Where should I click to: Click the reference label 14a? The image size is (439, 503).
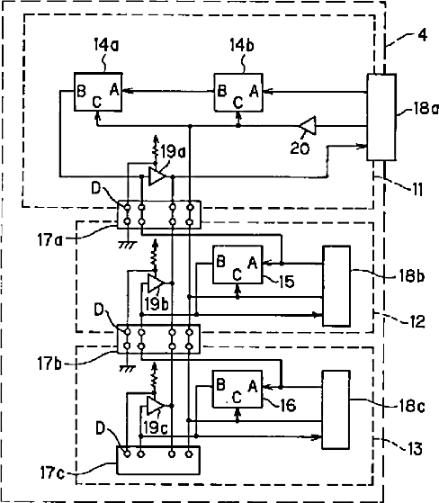point(106,45)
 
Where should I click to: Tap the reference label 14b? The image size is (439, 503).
point(242,45)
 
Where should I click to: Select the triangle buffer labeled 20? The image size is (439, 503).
point(309,125)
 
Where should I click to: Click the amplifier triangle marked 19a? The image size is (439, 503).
point(157,176)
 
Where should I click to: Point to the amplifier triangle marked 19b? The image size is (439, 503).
point(156,283)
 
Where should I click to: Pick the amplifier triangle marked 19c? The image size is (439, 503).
point(156,406)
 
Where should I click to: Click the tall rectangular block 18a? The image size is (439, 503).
point(381,117)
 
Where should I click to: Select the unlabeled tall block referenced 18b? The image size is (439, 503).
point(336,286)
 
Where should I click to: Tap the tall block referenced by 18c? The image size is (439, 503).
point(336,409)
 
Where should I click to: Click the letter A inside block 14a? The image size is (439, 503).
point(114,89)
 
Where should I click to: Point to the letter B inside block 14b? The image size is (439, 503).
point(221,91)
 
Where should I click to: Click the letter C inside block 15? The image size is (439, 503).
point(237,275)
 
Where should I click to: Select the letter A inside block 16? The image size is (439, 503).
point(253,386)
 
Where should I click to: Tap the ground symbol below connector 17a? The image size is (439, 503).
point(128,245)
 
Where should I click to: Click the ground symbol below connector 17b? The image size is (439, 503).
point(128,369)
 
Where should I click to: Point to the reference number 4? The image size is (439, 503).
point(423,35)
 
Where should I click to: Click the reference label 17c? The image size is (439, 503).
point(52,472)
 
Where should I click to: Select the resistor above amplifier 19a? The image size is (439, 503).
point(157,152)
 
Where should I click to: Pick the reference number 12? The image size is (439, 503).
point(417,321)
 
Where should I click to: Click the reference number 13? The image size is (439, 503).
point(416,448)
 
